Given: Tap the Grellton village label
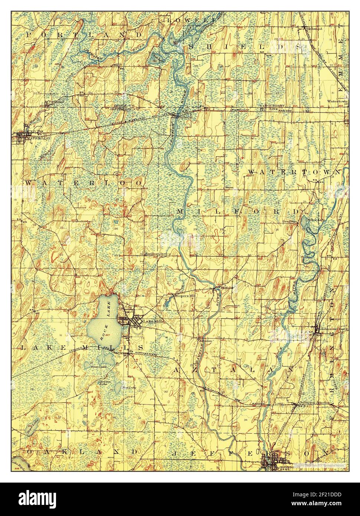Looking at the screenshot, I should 291,221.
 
